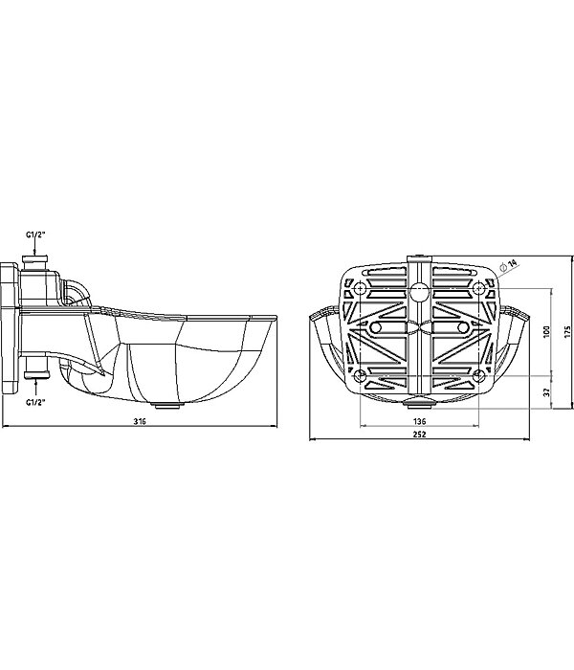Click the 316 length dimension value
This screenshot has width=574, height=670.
pyautogui.click(x=140, y=421)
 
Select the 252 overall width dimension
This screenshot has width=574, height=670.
pyautogui.click(x=419, y=435)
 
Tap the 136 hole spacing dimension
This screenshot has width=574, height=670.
pyautogui.click(x=419, y=421)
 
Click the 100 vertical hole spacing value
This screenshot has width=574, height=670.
pyautogui.click(x=546, y=331)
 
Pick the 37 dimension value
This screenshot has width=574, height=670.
pyautogui.click(x=546, y=391)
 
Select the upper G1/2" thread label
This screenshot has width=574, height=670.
pyautogui.click(x=35, y=234)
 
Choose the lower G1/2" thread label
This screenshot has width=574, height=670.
pyautogui.click(x=35, y=402)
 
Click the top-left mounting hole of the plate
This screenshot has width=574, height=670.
pyautogui.click(x=361, y=289)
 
